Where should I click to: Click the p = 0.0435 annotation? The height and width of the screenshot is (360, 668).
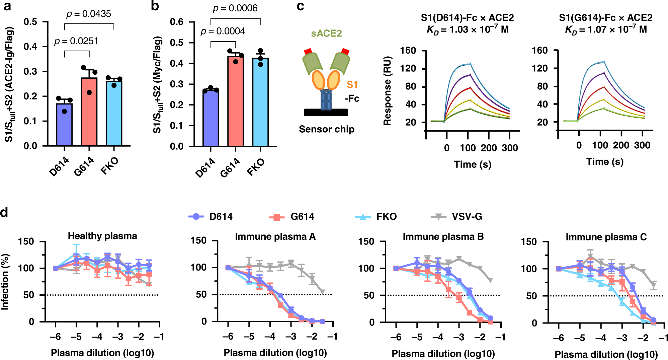click(89, 14)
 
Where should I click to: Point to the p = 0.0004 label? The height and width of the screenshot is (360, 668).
click(223, 31)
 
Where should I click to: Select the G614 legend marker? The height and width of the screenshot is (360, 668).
click(277, 217)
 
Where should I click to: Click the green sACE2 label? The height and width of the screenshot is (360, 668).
click(326, 33)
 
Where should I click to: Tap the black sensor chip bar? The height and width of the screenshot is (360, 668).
click(326, 113)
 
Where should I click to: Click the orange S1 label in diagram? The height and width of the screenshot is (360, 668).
click(352, 85)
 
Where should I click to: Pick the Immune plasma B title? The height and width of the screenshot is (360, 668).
click(443, 237)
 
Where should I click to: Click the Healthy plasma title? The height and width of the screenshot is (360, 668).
click(102, 236)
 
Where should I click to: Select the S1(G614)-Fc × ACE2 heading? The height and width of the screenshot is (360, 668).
click(605, 18)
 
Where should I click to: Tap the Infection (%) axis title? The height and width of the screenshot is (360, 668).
click(5, 282)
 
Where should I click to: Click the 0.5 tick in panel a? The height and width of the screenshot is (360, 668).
click(30, 22)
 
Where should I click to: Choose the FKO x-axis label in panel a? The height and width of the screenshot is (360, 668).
click(110, 166)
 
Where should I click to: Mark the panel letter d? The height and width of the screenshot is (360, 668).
click(4, 212)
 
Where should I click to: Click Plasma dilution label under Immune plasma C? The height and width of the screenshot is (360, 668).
click(606, 354)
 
